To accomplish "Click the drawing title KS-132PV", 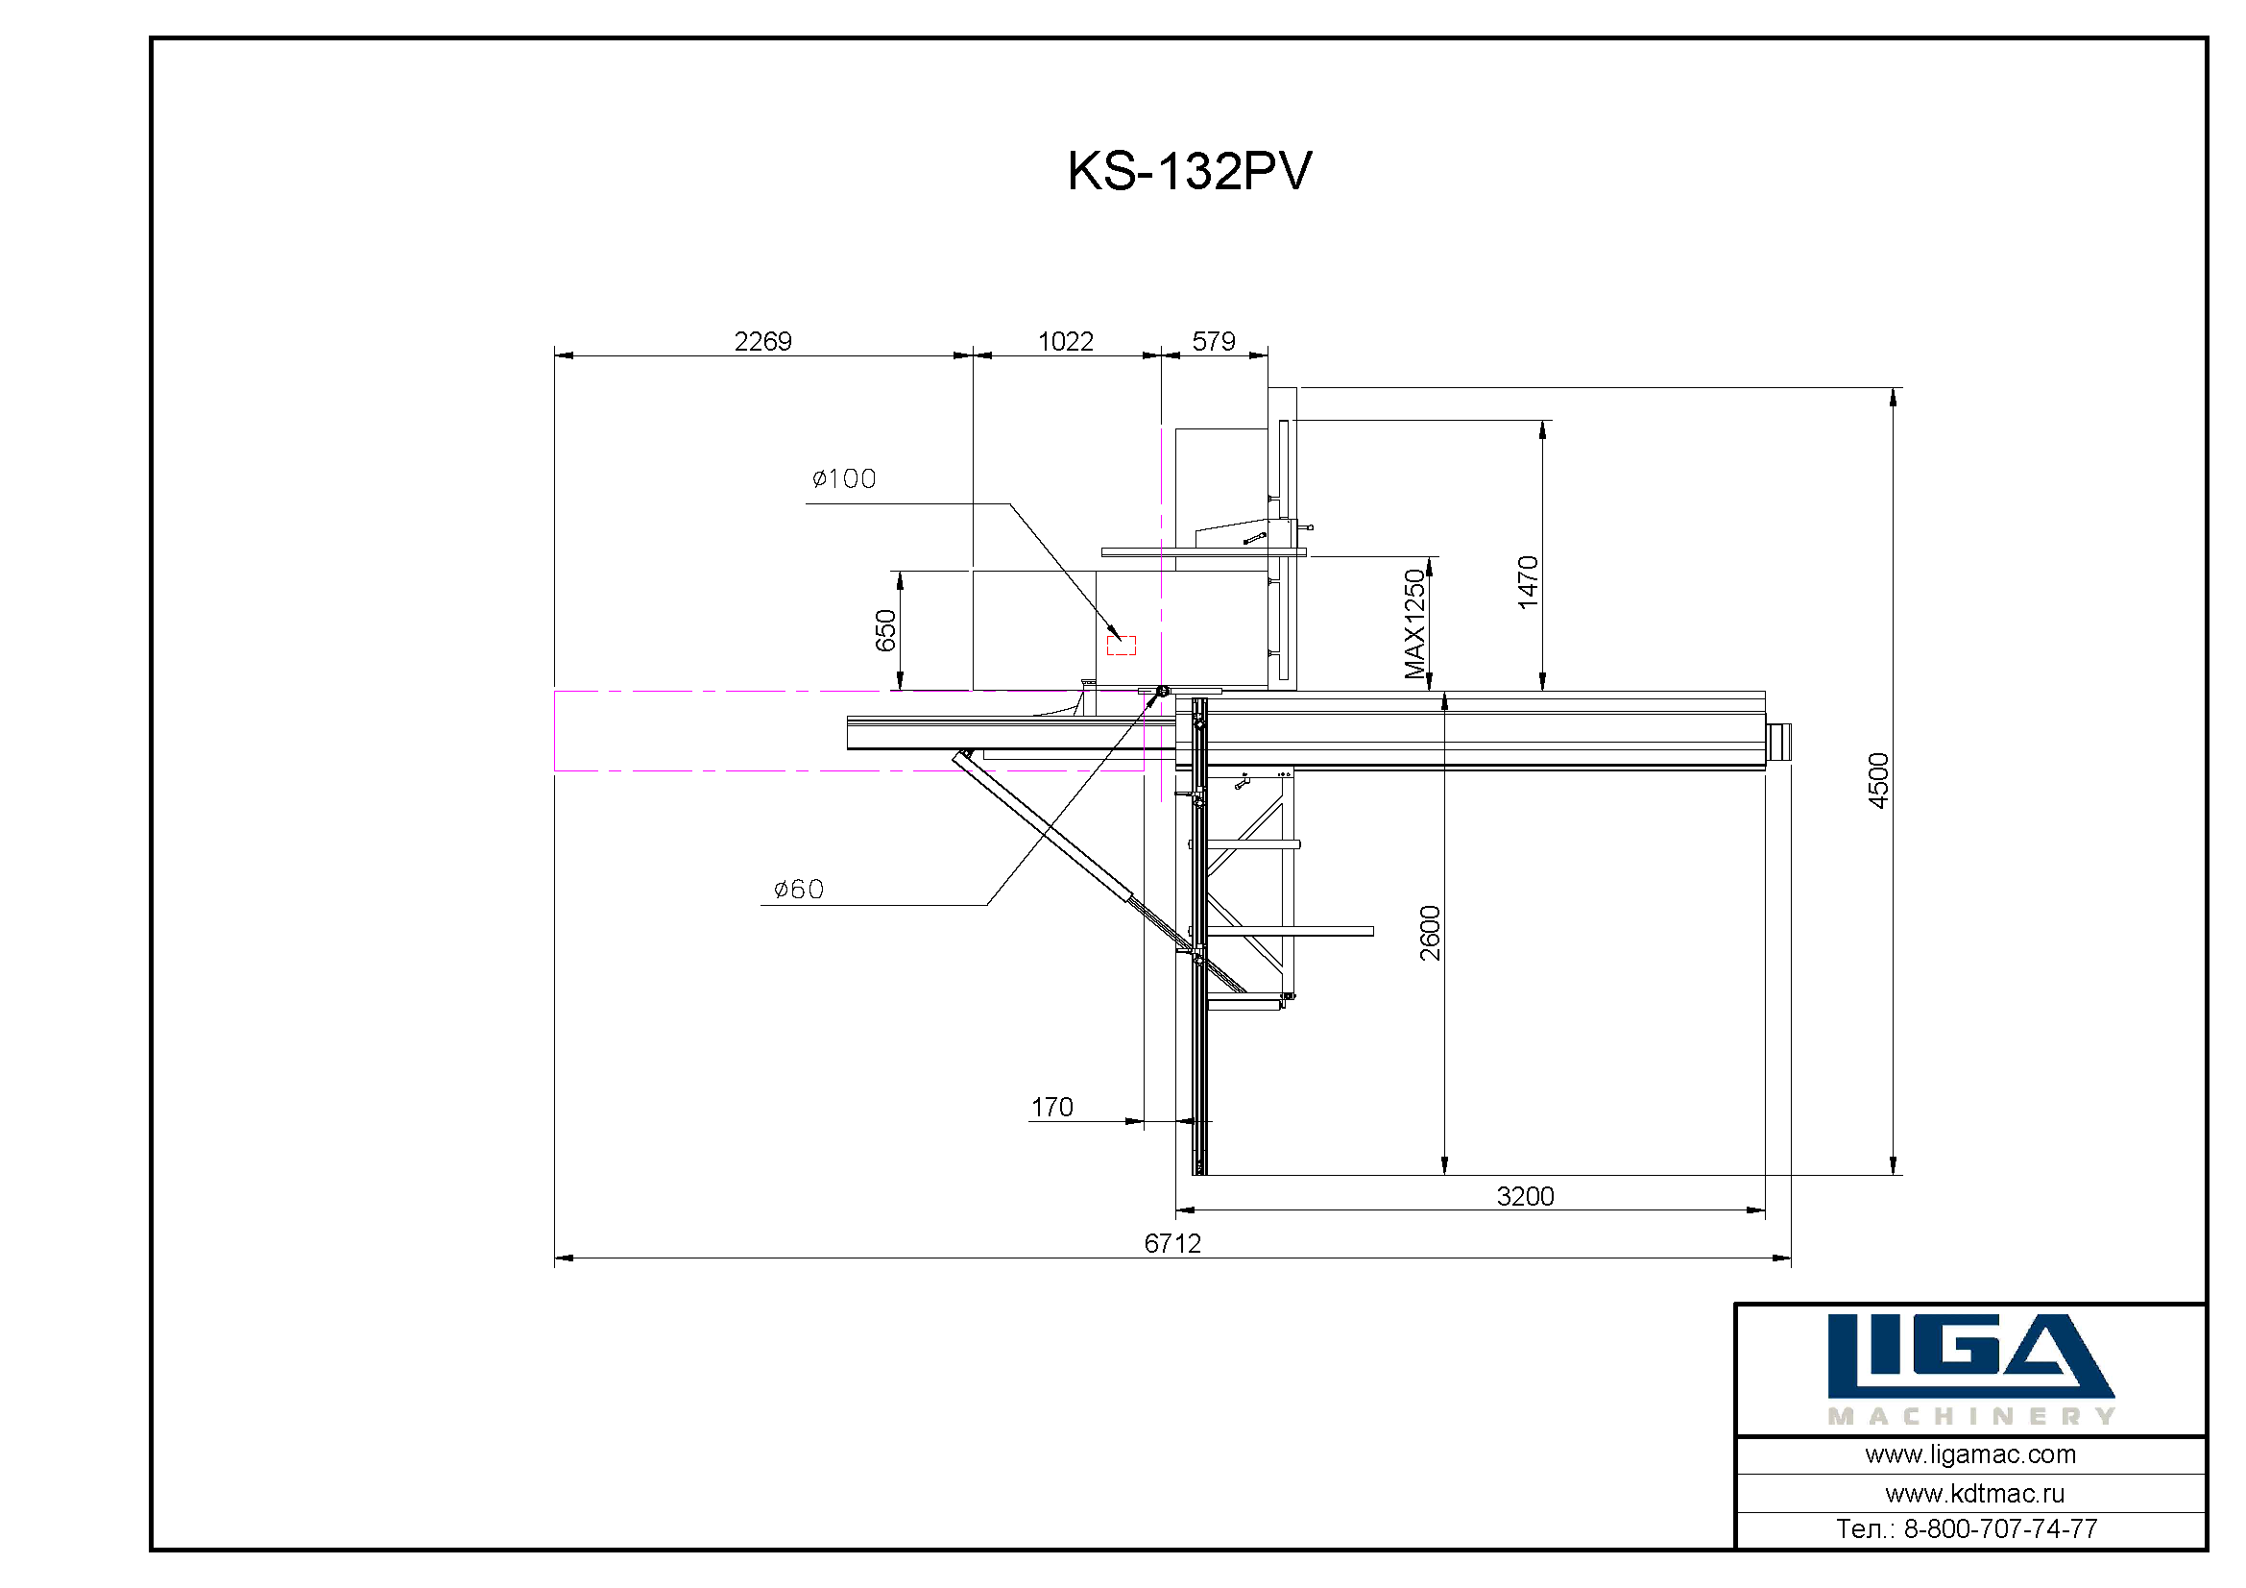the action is click(1189, 171).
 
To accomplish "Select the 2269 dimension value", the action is click(763, 341).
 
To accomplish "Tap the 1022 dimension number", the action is click(1065, 341).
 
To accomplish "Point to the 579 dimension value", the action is click(1214, 341).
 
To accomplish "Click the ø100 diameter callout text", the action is click(844, 478).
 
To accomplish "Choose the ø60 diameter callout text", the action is click(799, 889).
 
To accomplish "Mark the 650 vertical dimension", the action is click(885, 630).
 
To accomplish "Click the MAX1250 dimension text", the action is click(1414, 624).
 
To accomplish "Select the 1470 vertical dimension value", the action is click(1528, 582).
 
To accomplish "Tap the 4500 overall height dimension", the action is click(1878, 781).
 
